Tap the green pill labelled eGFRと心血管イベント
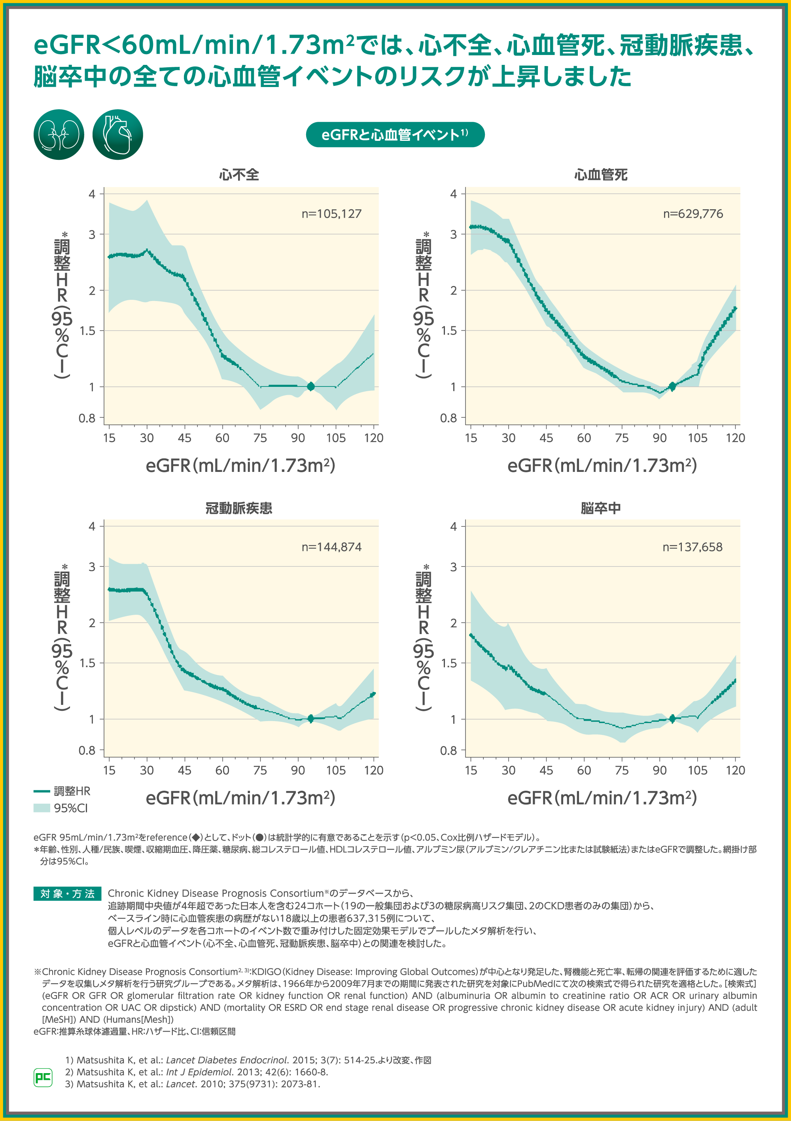tap(395, 135)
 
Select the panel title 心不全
tap(239, 175)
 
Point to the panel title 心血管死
tap(601, 175)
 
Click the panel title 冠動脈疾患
tap(239, 508)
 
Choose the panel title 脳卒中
tap(601, 508)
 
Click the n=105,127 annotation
tap(331, 214)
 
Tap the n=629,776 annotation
tap(693, 214)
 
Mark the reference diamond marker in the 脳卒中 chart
tap(672, 718)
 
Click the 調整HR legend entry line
tap(42, 791)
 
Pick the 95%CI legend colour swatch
tap(42, 808)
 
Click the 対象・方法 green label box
tap(67, 894)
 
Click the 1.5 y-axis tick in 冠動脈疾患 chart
tap(87, 663)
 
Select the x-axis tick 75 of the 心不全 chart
tap(260, 438)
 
